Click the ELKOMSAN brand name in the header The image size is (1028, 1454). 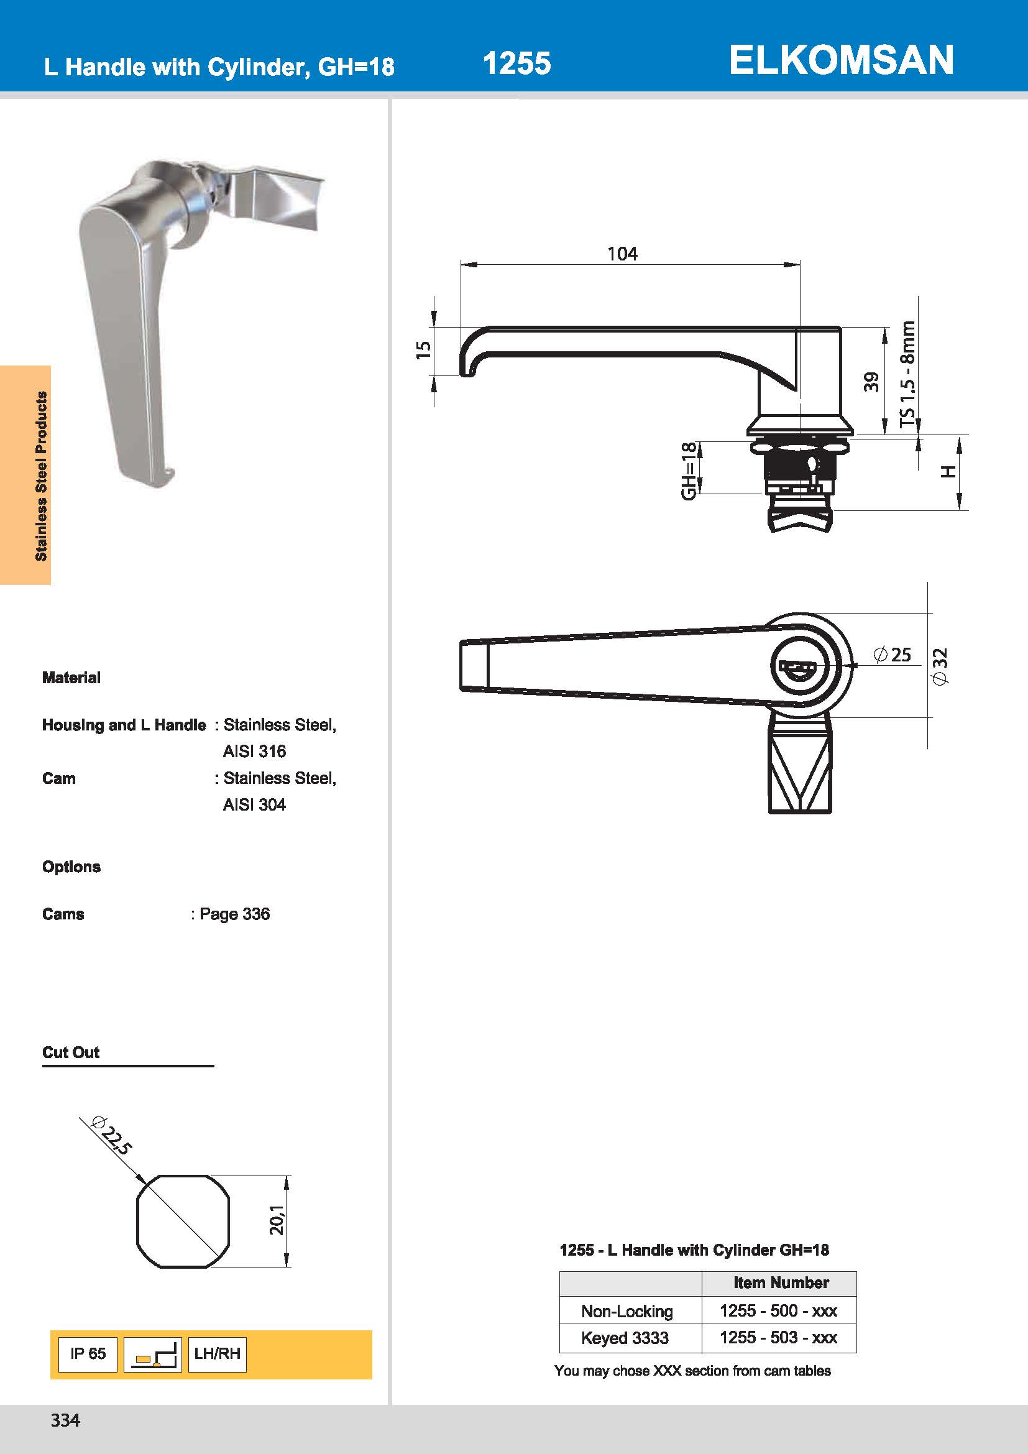point(841,61)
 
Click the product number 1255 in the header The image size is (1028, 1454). point(516,63)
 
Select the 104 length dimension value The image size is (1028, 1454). point(622,254)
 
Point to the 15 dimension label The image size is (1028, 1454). point(423,350)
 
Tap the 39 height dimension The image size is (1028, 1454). point(871,382)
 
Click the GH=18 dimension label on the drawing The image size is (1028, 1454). point(689,470)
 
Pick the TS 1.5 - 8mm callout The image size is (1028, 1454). point(907,374)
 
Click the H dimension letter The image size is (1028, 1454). point(948,471)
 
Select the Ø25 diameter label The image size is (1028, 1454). point(893,655)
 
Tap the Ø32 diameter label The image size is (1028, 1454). point(940,666)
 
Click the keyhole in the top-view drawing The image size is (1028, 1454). point(798,668)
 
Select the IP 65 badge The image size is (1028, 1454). point(88,1353)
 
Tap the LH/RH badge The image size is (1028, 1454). point(217,1353)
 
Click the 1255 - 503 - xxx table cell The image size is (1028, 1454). point(778,1338)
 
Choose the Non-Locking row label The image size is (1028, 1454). point(626,1311)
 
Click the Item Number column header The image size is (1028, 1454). point(781,1282)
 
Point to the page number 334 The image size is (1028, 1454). point(65,1420)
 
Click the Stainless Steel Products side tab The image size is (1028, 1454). point(40,476)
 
